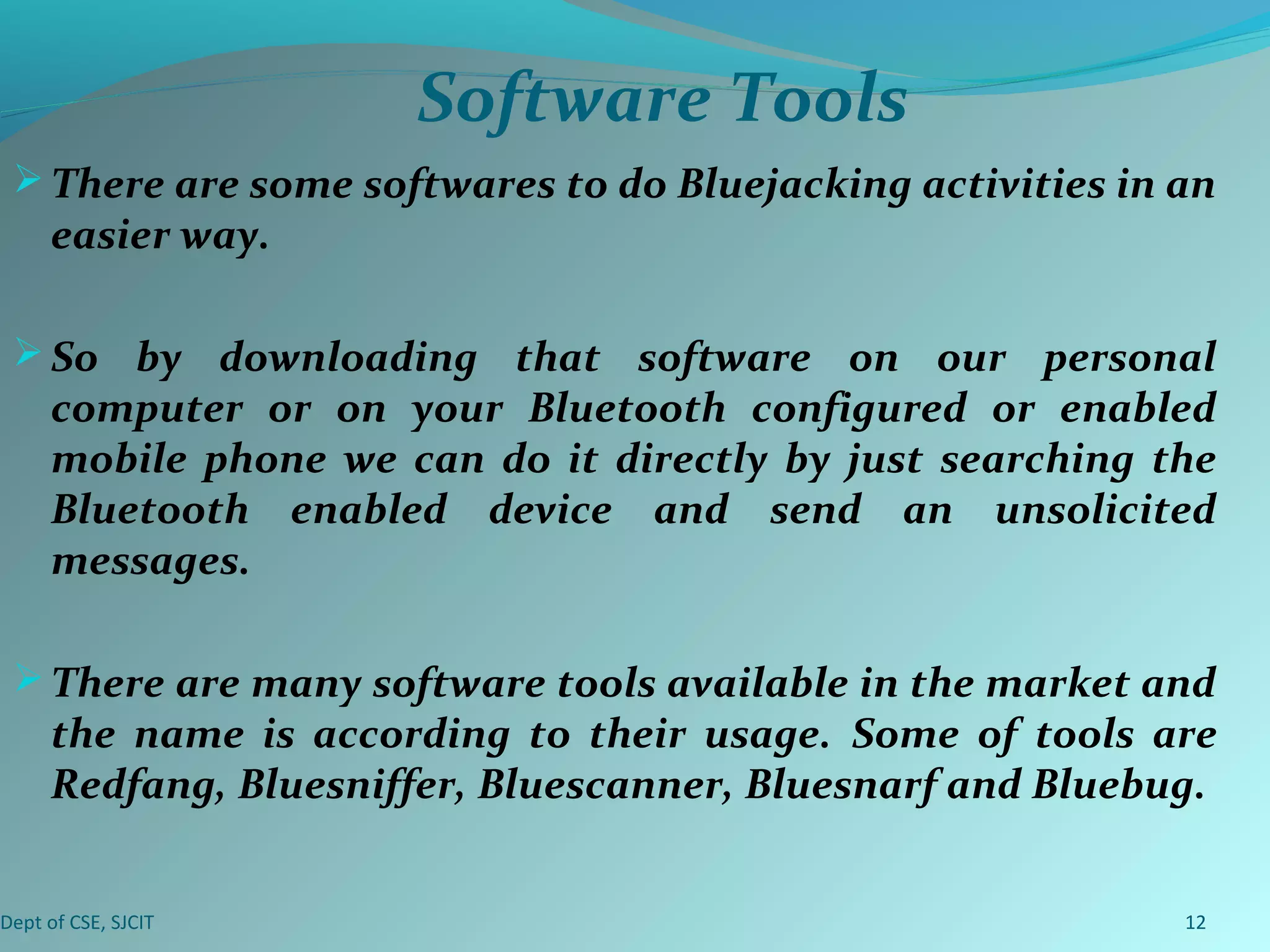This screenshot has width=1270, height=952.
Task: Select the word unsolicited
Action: [x=1105, y=510]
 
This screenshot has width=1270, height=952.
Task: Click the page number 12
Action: [x=1195, y=922]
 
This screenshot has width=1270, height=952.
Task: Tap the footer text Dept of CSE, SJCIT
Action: [x=77, y=923]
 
